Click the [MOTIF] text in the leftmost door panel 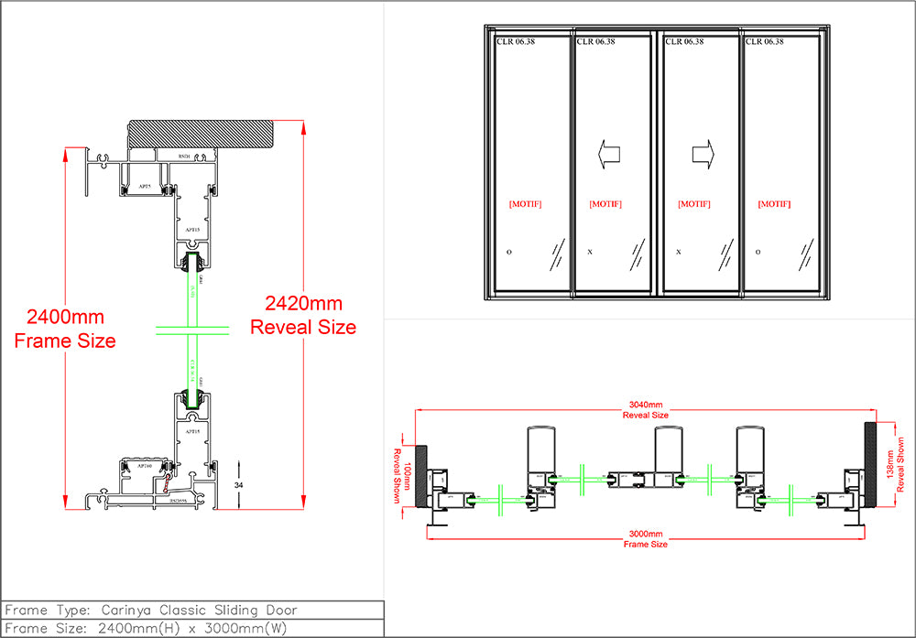pos(525,204)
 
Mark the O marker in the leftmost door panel pos(508,251)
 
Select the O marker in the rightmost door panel pos(758,251)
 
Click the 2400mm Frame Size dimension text pos(65,330)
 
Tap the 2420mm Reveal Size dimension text pos(303,314)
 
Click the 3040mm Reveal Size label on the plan pos(645,409)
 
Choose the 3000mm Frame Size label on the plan pos(645,538)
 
